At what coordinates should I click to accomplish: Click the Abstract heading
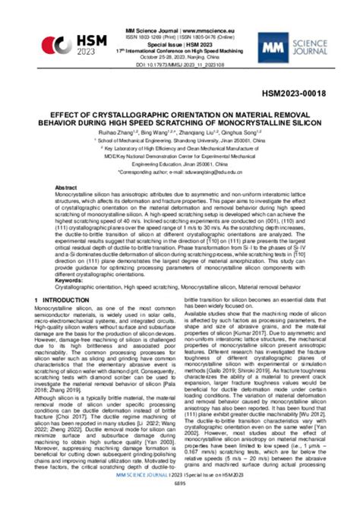pos(66,187)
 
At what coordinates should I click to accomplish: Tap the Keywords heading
pos(69,280)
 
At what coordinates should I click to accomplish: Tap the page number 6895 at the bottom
pos(180,505)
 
